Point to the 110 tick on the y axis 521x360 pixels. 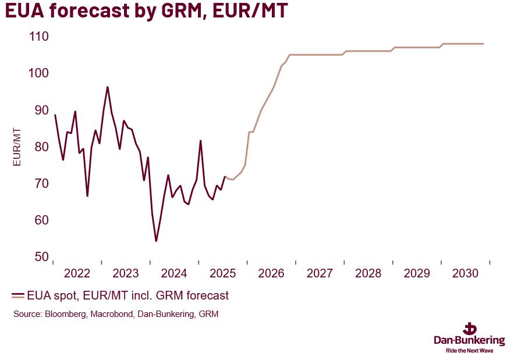click(38, 37)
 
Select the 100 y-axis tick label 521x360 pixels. click(38, 73)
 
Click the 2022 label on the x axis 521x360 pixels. click(77, 274)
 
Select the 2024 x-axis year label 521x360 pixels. click(174, 274)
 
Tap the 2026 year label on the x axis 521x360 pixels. click(271, 274)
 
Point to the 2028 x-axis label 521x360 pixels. click(368, 274)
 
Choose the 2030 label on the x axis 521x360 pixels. click(465, 274)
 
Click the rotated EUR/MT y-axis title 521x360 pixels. click(17, 147)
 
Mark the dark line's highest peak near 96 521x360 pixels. click(108, 87)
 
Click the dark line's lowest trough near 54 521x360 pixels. click(156, 240)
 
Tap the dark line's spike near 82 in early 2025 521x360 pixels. click(200, 141)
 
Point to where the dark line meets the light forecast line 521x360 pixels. click(225, 177)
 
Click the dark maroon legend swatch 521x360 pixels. click(18, 296)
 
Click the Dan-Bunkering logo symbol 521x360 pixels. click(469, 327)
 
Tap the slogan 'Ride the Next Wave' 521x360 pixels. click(469, 351)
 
